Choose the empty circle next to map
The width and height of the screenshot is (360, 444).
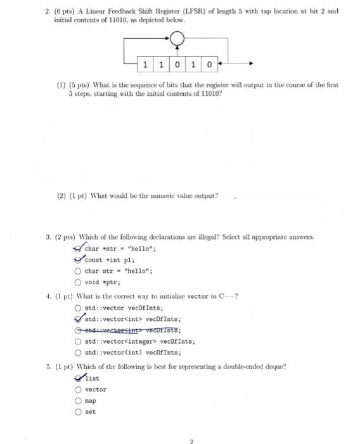tap(78, 400)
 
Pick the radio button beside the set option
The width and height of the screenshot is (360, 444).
tap(78, 412)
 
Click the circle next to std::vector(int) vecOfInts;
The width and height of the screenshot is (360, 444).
tap(78, 352)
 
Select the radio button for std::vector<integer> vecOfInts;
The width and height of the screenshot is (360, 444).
tap(78, 341)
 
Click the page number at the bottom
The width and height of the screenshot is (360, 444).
tap(180, 438)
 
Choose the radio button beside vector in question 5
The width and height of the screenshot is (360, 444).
tap(78, 389)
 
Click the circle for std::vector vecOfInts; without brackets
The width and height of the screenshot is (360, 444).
tap(78, 308)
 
